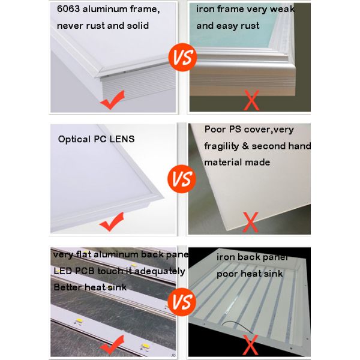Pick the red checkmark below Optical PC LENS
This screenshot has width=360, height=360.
tap(112, 224)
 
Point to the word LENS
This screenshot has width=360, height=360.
tap(122, 139)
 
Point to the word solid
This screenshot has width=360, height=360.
tap(136, 26)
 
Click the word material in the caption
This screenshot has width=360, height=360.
tap(225, 162)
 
